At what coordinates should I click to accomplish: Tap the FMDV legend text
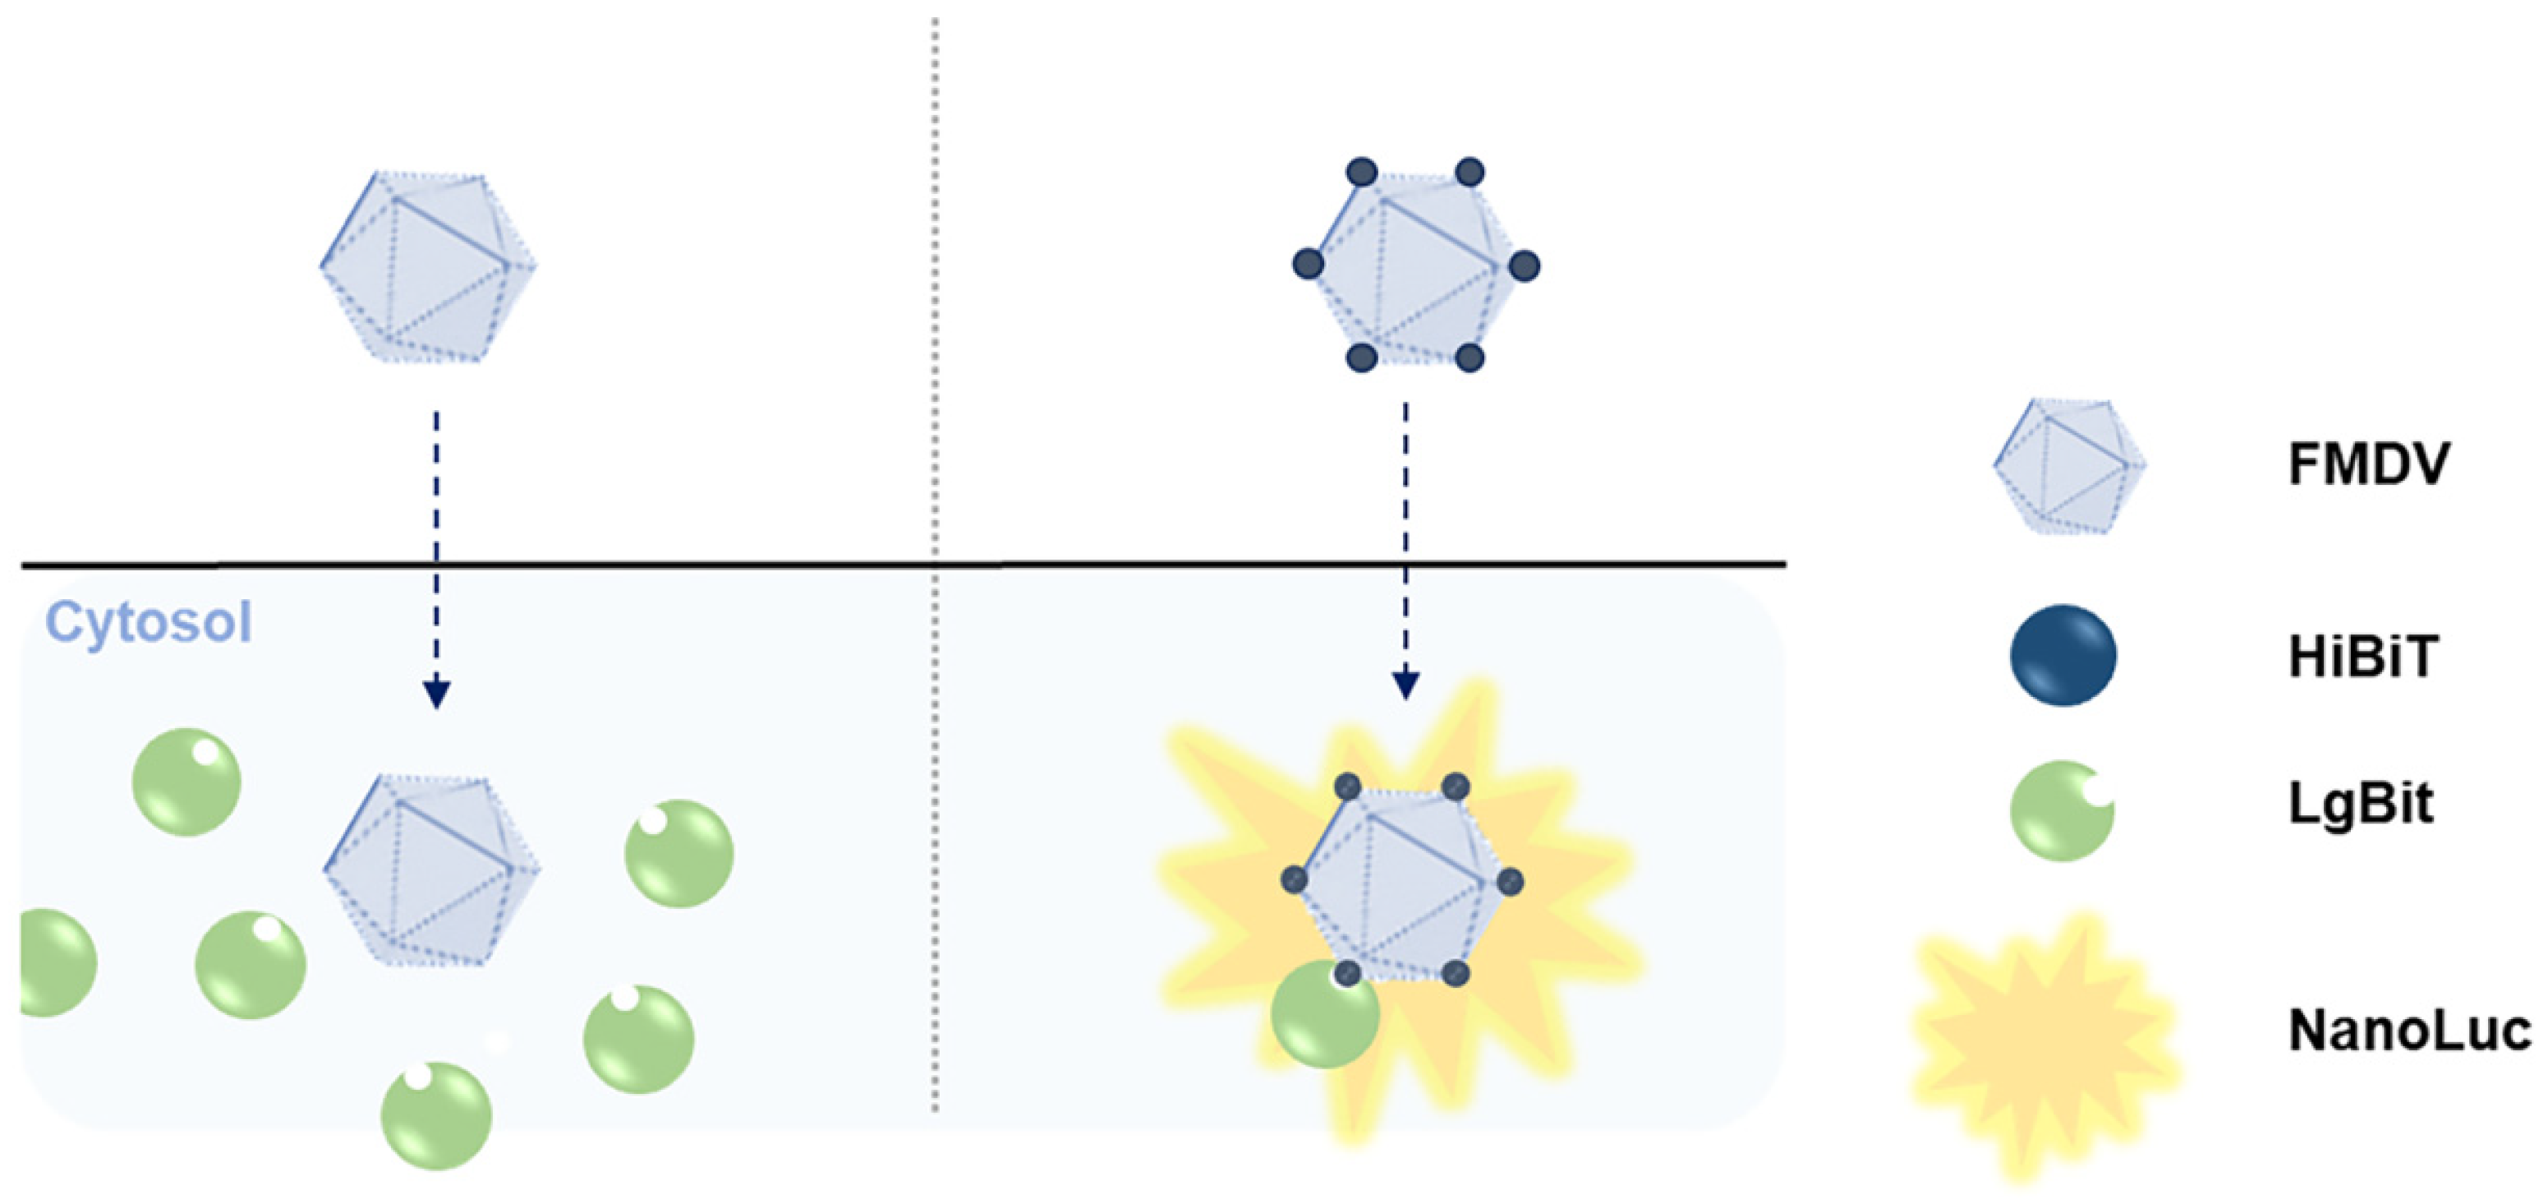2369,463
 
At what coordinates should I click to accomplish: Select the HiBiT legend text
2363,656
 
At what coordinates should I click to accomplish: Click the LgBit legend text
2360,803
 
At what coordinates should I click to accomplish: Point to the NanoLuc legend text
2409,1030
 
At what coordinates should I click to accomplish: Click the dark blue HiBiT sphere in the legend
2063,655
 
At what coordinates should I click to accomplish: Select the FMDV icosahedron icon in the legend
2068,465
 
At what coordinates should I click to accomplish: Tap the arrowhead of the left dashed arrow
436,694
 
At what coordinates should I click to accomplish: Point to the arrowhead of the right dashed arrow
1405,685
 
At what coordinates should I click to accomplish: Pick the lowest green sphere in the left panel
436,1116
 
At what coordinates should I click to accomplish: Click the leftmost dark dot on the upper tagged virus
1308,264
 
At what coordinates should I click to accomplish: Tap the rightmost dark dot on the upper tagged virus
1525,265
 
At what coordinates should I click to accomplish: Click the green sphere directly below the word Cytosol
186,782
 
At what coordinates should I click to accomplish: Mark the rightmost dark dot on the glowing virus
1510,882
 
